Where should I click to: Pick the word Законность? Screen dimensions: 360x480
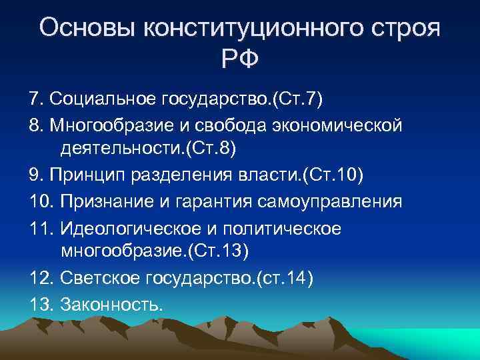coord(111,304)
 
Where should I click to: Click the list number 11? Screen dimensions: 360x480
coord(41,228)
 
